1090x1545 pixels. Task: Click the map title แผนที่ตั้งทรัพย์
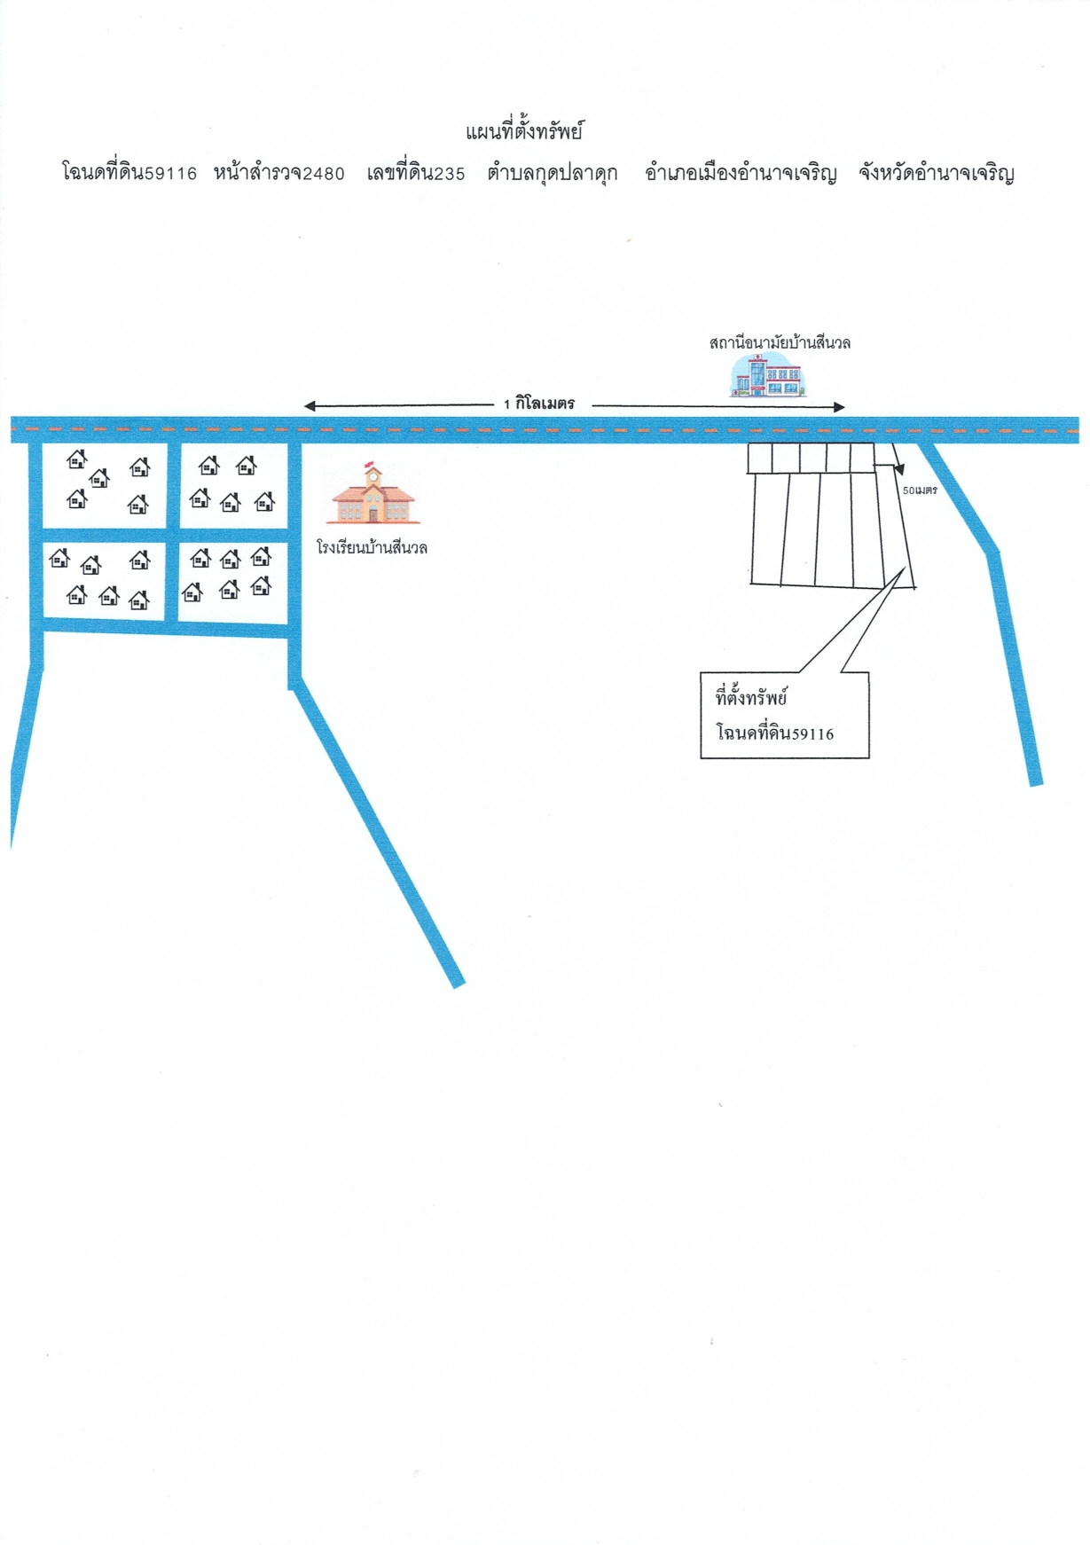[524, 132]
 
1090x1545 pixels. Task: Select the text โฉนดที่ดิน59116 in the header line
[129, 172]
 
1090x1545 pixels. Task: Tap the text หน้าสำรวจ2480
[278, 172]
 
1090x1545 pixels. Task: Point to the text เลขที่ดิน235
[416, 172]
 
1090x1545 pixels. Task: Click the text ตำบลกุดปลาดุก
[553, 173]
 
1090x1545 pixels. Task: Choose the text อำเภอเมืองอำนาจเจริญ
[741, 173]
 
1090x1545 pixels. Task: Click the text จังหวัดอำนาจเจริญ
[937, 173]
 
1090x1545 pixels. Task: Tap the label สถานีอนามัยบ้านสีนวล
[780, 342]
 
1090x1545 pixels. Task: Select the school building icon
[372, 494]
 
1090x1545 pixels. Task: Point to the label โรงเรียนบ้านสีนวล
[372, 547]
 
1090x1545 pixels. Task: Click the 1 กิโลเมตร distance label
[539, 404]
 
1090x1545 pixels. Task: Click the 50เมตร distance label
[920, 490]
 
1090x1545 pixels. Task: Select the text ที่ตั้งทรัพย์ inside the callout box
[751, 697]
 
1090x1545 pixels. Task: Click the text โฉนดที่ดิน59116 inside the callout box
[775, 733]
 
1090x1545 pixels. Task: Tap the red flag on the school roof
[369, 464]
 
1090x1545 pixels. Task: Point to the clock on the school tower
[373, 476]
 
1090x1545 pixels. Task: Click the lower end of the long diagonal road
[459, 983]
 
